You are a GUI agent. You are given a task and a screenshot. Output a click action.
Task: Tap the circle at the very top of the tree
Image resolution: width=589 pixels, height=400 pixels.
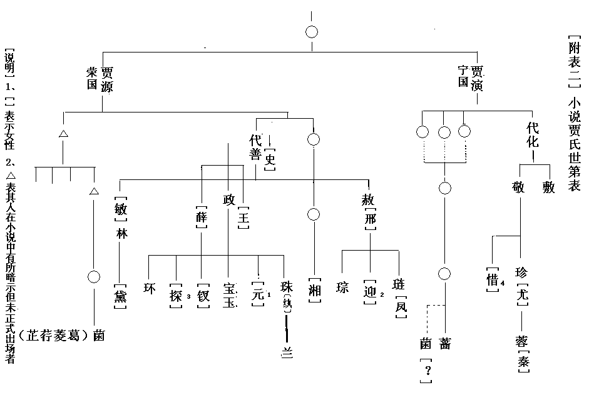tap(311, 32)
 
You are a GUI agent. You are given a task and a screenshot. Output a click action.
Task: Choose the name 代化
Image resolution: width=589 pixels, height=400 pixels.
tap(533, 134)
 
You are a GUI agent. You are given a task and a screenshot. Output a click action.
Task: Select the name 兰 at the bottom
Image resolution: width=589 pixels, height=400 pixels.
tap(287, 351)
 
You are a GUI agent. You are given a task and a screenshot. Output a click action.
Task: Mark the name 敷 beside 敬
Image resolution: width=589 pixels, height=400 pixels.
tap(548, 187)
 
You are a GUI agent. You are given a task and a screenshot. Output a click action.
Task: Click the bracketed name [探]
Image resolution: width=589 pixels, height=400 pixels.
tap(176, 291)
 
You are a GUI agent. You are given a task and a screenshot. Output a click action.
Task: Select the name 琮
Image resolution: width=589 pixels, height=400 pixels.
tap(342, 287)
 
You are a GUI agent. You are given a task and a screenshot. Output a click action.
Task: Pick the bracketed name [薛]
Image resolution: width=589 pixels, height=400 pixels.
tap(201, 216)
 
